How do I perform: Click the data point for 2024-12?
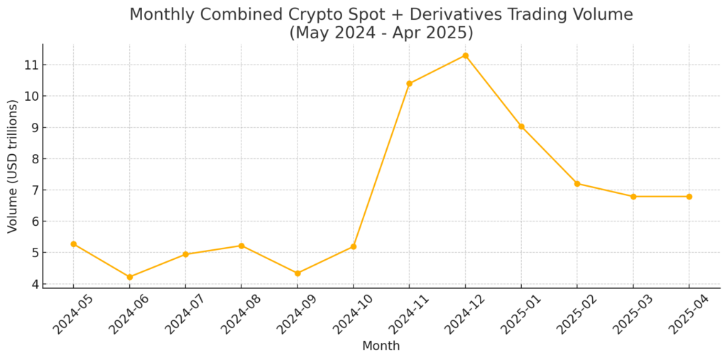465,55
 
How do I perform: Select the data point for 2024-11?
409,84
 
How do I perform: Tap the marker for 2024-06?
129,277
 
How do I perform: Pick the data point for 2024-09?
297,273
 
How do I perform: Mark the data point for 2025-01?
521,126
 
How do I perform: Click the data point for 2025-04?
689,197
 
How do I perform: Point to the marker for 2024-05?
73,244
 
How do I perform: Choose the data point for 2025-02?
577,184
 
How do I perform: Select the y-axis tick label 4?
33,284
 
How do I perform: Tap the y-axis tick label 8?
33,159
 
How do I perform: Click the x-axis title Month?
381,347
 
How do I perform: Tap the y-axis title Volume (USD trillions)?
13,166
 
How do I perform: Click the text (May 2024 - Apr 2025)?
381,33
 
